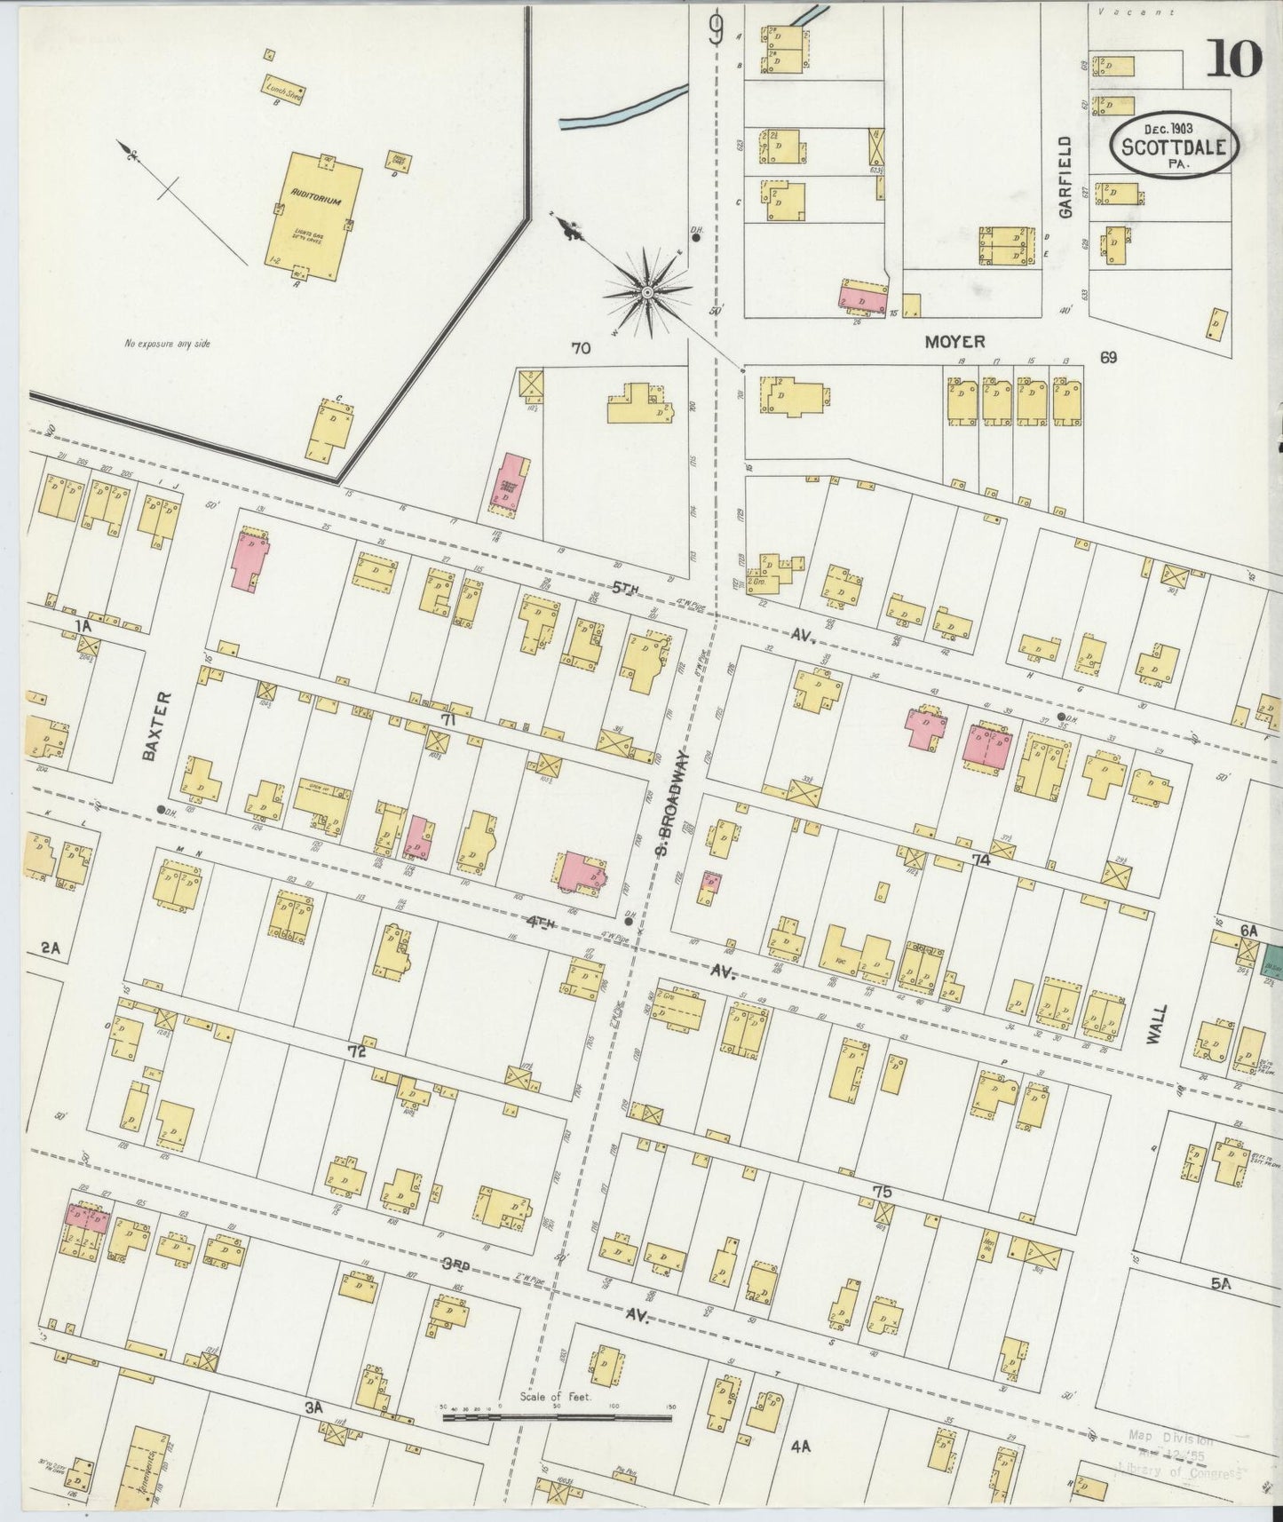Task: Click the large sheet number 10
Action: coord(1234,60)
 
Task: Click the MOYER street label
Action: coord(954,341)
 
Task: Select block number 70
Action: coord(581,349)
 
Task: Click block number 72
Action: coord(357,1050)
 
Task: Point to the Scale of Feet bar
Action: coord(557,1418)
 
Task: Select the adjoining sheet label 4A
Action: coord(800,1447)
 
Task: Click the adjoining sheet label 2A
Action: coord(51,948)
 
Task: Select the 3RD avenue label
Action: coord(455,1264)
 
